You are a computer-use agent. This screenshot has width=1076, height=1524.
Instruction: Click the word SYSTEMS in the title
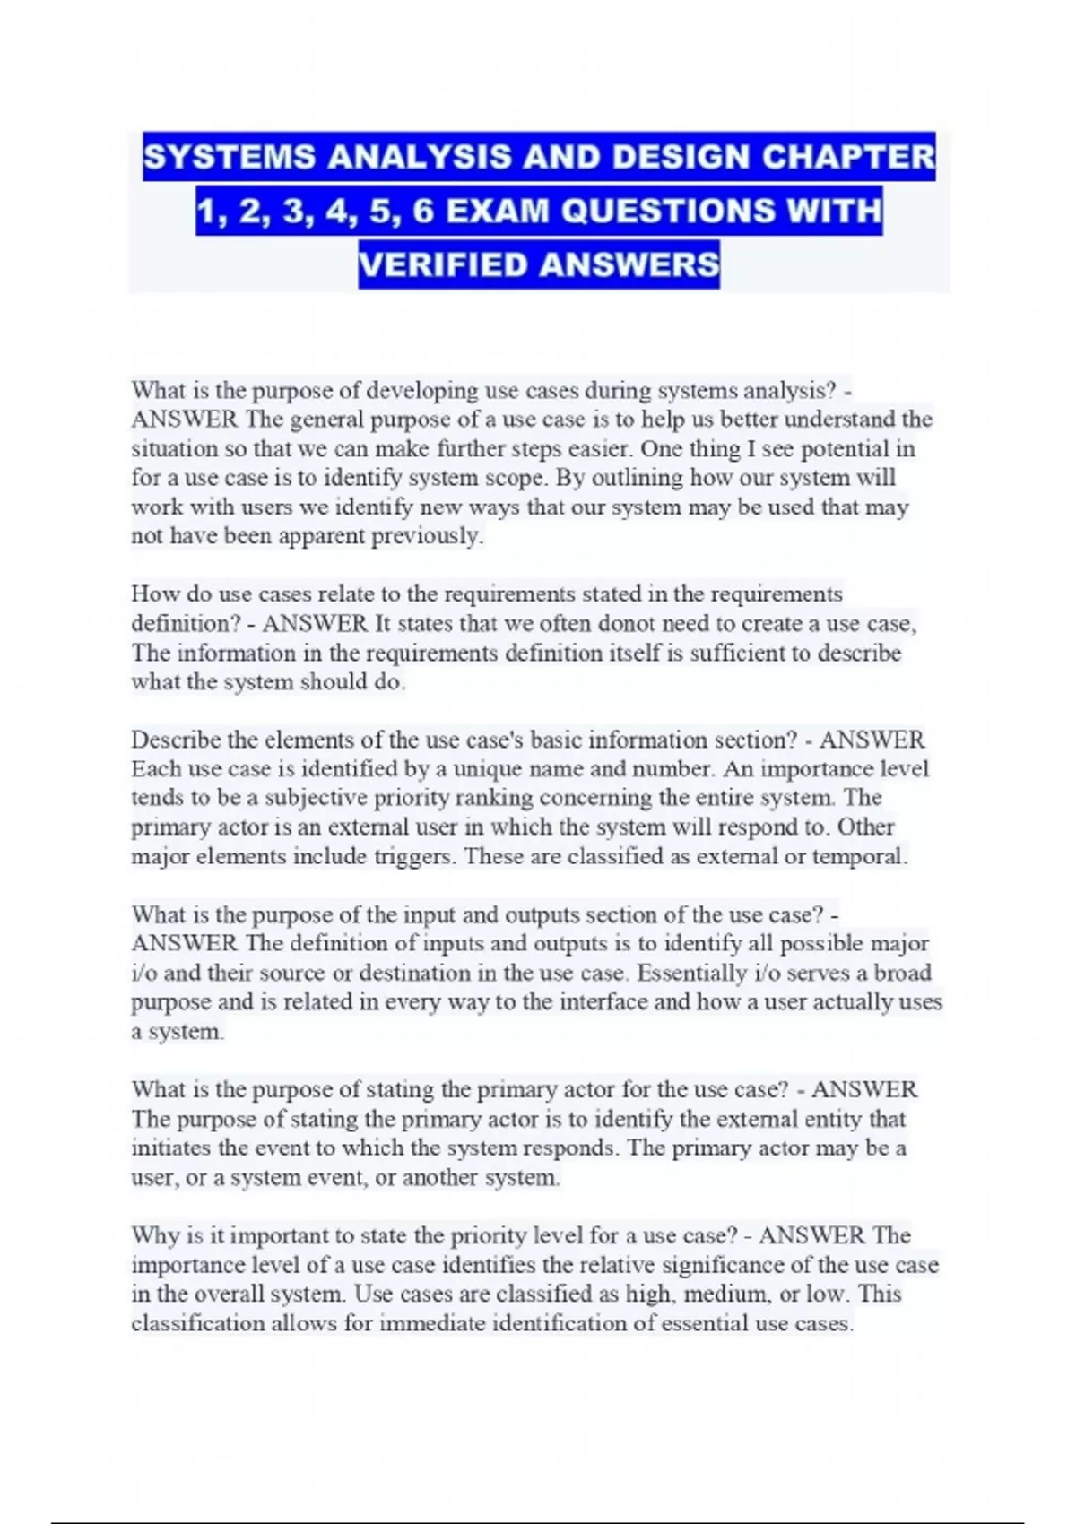coord(229,158)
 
